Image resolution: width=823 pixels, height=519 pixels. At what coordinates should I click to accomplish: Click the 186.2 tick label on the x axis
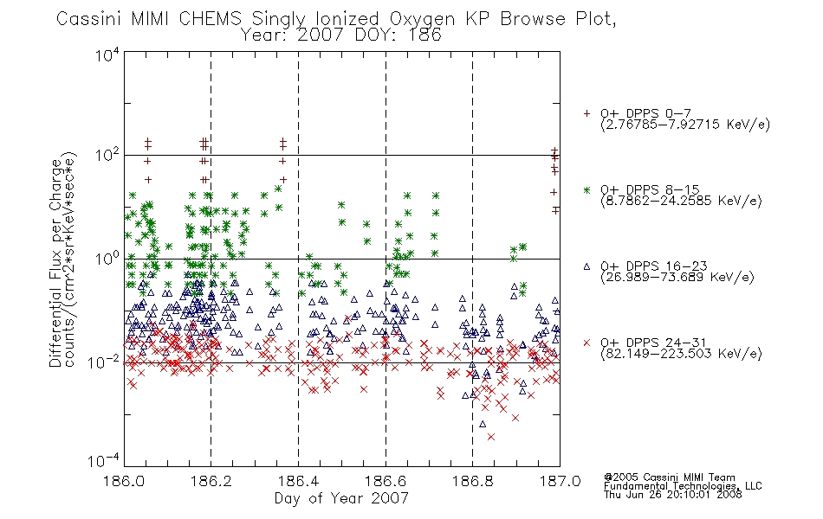211,481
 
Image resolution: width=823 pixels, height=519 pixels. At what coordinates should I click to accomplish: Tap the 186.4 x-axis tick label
298,481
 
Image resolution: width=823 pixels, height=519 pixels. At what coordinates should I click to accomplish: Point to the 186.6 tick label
386,481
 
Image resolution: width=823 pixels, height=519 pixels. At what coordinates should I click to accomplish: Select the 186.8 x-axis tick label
472,481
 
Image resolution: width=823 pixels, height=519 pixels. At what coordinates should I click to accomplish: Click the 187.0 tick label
560,481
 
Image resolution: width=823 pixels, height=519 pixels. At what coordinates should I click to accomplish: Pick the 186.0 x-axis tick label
124,481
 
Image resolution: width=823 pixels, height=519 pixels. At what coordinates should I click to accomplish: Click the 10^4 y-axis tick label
107,55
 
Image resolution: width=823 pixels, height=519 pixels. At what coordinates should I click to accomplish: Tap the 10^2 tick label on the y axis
107,156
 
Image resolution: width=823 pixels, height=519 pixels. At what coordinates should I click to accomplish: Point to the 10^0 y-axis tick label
107,259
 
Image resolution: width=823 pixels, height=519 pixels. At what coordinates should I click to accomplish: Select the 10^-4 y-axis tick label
104,461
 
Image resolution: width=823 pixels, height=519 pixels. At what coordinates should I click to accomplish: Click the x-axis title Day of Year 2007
341,498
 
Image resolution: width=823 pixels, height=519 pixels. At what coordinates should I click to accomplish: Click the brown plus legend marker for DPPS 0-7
586,113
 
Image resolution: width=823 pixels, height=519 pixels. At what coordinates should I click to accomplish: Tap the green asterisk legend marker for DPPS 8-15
586,189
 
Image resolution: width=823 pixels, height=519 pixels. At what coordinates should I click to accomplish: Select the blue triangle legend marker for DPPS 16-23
586,266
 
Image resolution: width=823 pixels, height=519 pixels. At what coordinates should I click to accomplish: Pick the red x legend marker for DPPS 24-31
586,343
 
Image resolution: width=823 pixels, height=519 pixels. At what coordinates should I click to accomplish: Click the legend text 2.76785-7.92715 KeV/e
685,125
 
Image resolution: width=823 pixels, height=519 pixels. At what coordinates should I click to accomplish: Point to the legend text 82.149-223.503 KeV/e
681,353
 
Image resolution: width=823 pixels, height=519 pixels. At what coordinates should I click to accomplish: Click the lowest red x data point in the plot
490,437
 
